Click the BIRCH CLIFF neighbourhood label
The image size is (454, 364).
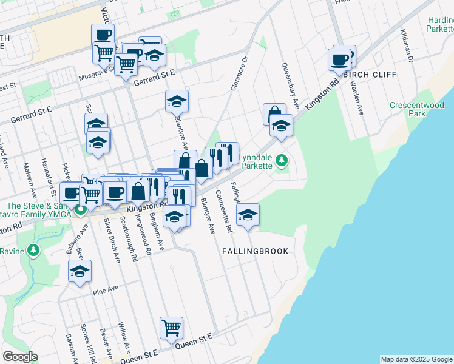coord(369,75)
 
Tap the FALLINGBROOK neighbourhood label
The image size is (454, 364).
coord(254,251)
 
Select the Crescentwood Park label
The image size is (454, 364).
coord(416,109)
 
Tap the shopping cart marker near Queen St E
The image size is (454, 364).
coord(172,328)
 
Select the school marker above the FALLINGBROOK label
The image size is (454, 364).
coord(248,215)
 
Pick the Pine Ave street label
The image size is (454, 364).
coord(105,290)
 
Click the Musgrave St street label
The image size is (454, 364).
coord(97,73)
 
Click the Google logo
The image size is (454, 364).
coord(20,357)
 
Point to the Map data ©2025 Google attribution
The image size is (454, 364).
coord(416,359)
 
